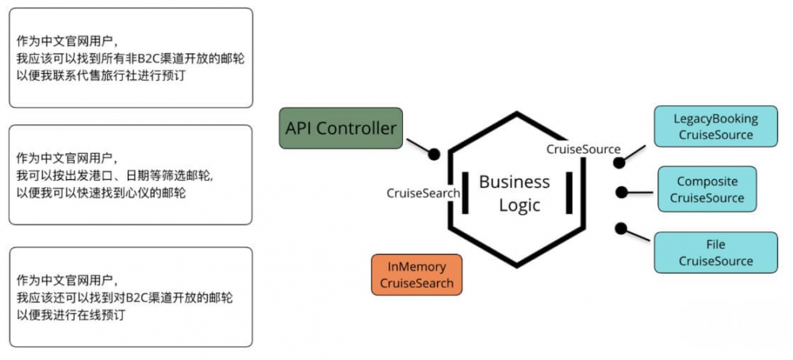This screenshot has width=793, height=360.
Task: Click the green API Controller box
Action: coord(341,128)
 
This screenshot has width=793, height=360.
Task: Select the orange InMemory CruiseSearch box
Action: coord(417,275)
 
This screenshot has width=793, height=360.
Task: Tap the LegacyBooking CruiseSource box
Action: coord(715,127)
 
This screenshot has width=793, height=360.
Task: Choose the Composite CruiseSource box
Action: coord(707,190)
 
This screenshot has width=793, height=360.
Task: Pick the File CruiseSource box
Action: coord(715,253)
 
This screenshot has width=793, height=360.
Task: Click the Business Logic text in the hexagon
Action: coord(514,193)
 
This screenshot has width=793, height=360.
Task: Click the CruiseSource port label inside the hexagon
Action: coord(583,149)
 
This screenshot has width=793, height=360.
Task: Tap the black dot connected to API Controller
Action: coord(434,154)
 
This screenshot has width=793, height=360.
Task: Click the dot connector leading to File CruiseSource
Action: coord(621,228)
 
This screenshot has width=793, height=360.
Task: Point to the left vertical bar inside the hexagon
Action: coord(463,193)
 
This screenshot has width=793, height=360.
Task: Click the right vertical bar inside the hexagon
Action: coord(569,193)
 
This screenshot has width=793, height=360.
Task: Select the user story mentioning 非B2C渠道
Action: coord(131,58)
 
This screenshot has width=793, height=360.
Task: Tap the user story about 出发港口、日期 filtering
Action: coord(131,174)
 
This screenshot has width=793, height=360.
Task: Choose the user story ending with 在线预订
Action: coord(131,297)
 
